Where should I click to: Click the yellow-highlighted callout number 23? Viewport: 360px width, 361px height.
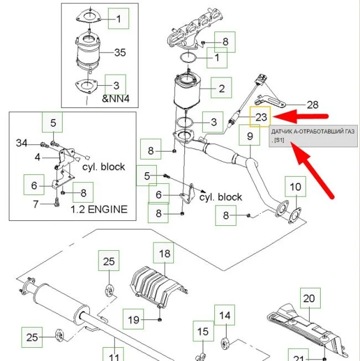pyautogui.click(x=261, y=117)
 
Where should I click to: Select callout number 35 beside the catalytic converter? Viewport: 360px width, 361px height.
pyautogui.click(x=120, y=53)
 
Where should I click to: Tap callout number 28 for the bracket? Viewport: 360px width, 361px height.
pyautogui.click(x=312, y=105)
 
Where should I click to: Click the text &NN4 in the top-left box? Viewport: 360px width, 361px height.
pyautogui.click(x=116, y=99)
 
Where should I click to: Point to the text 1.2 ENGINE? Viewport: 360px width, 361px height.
pyautogui.click(x=99, y=209)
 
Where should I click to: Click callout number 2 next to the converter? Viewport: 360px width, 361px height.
pyautogui.click(x=222, y=89)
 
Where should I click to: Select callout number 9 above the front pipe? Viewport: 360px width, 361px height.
pyautogui.click(x=250, y=136)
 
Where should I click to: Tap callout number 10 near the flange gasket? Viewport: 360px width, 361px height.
pyautogui.click(x=296, y=187)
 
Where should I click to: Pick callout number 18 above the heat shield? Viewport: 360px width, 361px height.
pyautogui.click(x=164, y=254)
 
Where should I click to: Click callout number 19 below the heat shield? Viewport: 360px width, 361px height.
pyautogui.click(x=133, y=319)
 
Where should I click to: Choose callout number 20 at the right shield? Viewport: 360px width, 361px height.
pyautogui.click(x=309, y=298)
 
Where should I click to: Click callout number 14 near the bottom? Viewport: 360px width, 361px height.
pyautogui.click(x=224, y=315)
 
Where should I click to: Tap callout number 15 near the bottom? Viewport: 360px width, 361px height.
pyautogui.click(x=203, y=332)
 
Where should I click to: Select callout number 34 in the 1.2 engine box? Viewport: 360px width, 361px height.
pyautogui.click(x=22, y=143)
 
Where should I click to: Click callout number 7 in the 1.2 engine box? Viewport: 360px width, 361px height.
pyautogui.click(x=35, y=204)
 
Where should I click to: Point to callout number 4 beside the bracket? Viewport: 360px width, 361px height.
pyautogui.click(x=38, y=157)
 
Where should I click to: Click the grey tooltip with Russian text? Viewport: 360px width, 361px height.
pyautogui.click(x=313, y=136)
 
